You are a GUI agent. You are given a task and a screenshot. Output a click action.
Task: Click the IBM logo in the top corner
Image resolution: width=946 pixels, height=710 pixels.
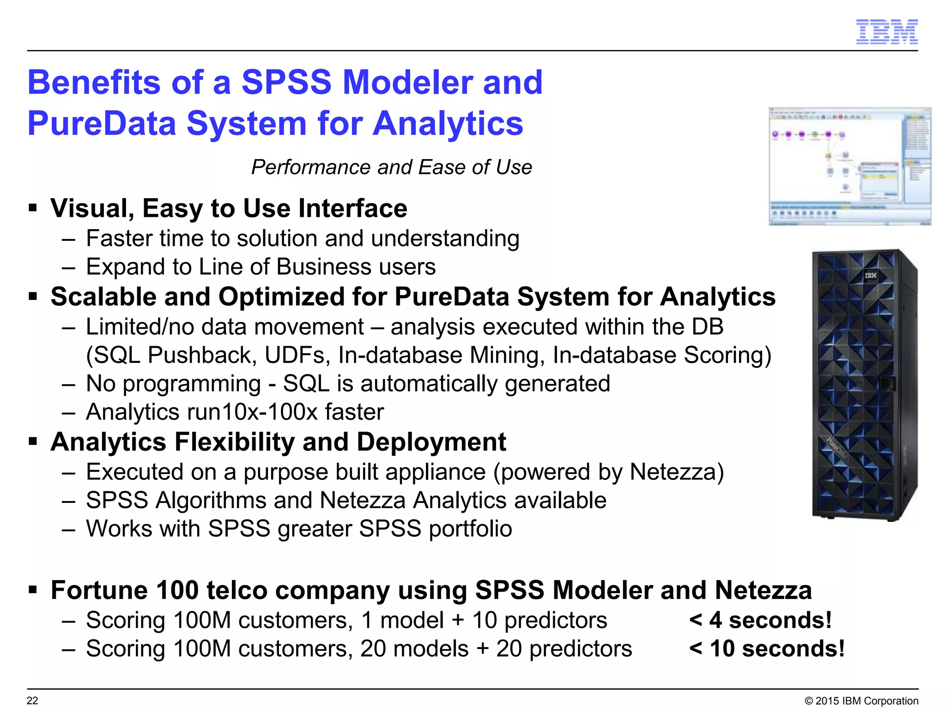pos(886,32)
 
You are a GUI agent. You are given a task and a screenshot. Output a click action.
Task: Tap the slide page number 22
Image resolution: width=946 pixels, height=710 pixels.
pos(32,700)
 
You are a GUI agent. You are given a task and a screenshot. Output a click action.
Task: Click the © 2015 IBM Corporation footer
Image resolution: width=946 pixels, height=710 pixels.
pos(861,701)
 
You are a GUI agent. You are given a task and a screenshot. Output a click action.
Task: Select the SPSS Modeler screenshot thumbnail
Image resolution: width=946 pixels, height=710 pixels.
pos(849,166)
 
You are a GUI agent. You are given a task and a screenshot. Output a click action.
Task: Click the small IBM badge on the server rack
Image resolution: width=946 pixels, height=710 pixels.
pos(870,276)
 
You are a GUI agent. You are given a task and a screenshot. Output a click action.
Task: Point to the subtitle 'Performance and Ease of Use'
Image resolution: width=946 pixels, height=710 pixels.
pos(391,167)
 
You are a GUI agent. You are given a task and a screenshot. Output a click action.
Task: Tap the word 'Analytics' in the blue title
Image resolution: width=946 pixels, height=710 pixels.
pos(448,124)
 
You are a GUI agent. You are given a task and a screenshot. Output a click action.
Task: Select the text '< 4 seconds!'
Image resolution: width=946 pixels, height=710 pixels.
pos(760,620)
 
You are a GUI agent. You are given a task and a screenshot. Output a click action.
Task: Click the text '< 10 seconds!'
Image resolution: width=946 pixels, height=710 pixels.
pos(767,649)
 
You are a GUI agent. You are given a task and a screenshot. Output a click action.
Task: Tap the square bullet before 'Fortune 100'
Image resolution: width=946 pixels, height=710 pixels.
pos(33,590)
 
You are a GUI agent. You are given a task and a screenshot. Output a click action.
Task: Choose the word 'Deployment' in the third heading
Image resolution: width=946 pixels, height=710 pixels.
pos(431,442)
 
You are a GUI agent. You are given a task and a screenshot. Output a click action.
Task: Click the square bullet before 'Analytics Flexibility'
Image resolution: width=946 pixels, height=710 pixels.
pos(33,441)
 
